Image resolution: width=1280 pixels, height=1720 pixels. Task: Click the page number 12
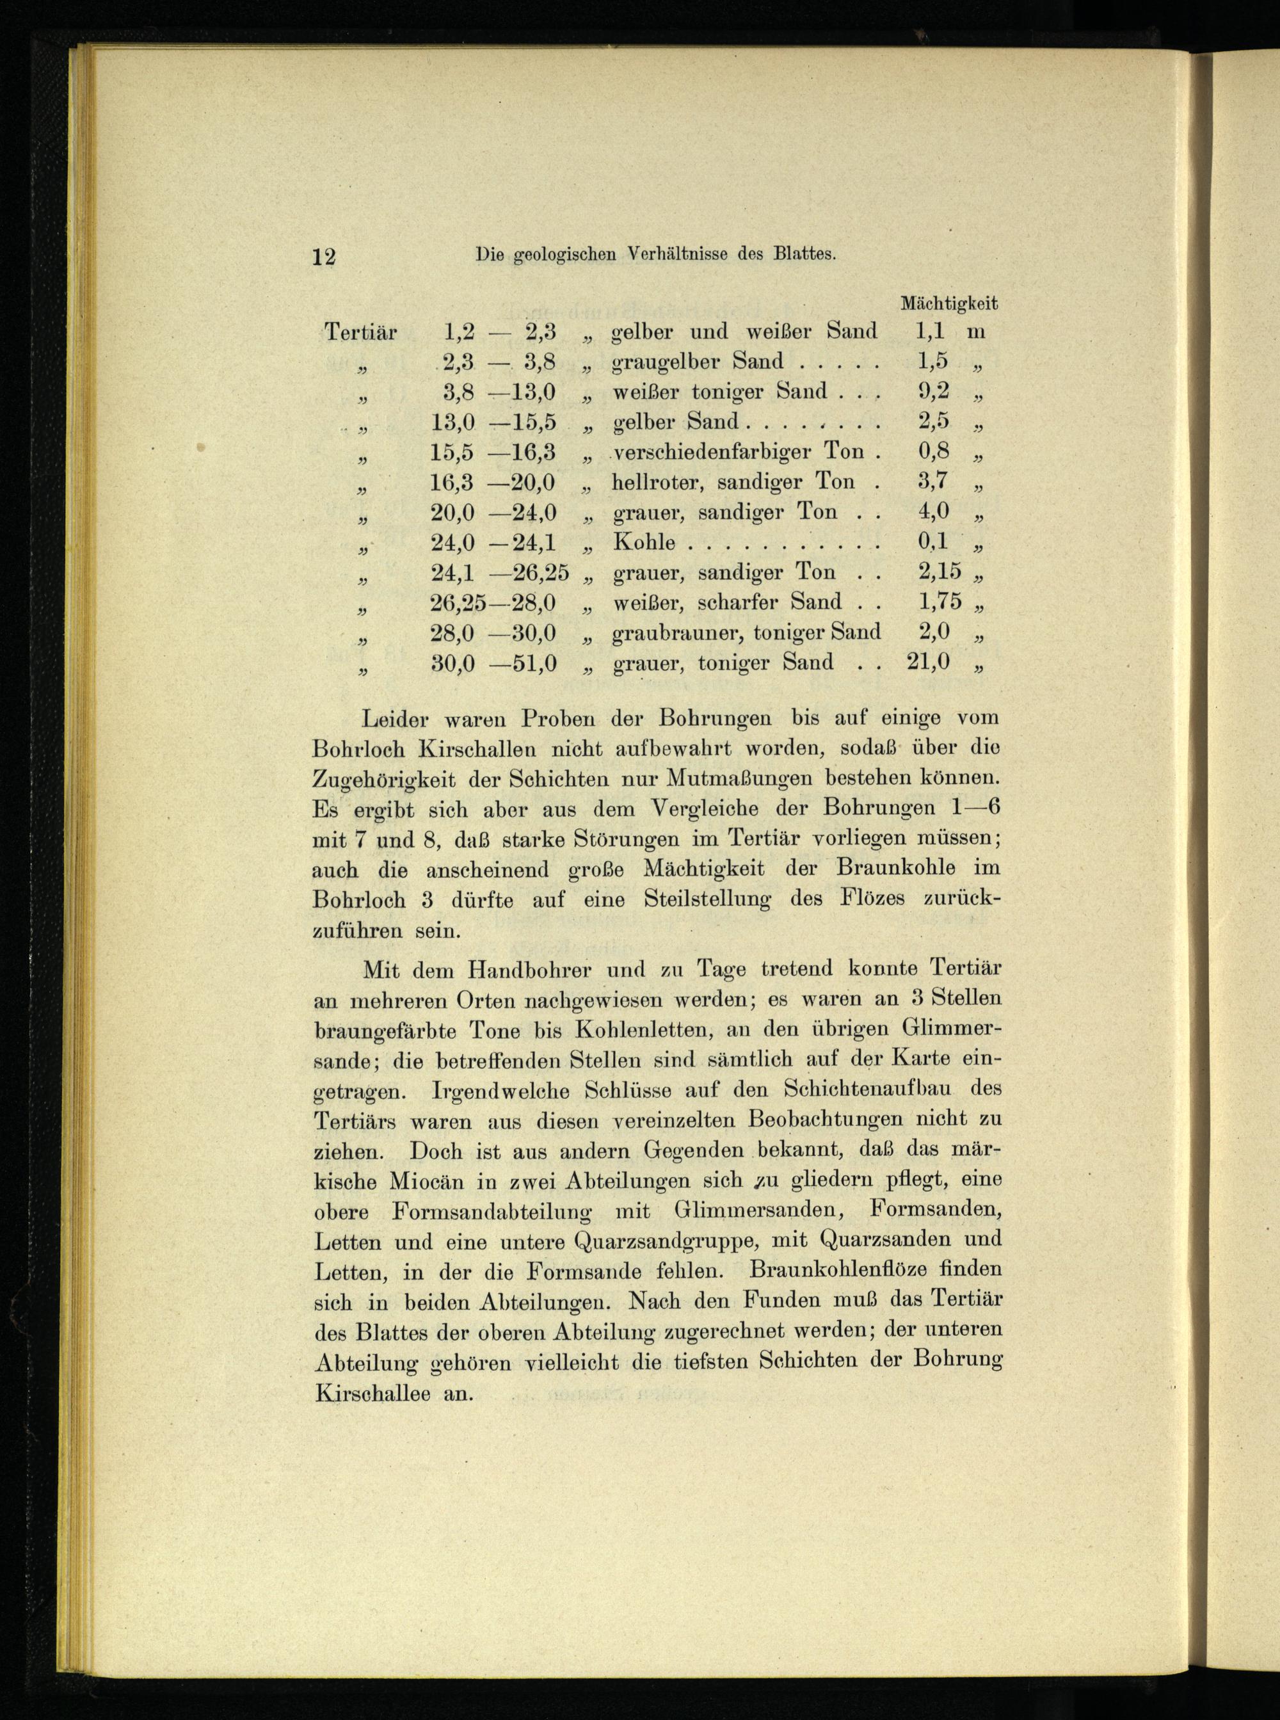(324, 257)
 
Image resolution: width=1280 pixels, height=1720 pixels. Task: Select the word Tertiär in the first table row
(360, 332)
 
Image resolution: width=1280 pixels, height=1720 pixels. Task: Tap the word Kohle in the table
(644, 542)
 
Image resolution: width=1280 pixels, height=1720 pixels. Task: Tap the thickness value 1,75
(939, 602)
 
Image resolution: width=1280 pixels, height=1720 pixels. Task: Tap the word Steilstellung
(707, 899)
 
